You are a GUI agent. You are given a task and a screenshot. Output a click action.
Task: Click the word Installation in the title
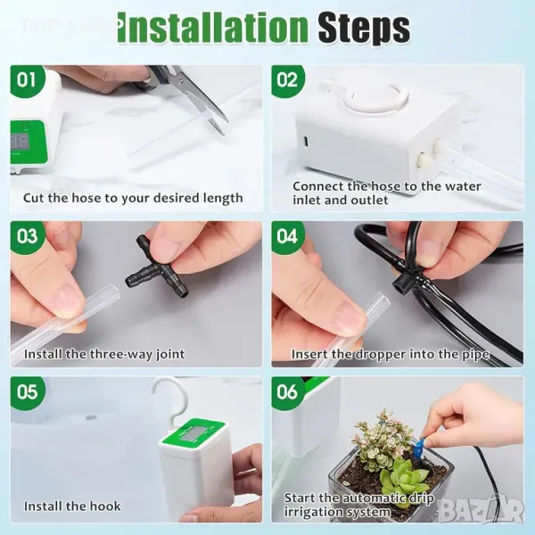coord(213,29)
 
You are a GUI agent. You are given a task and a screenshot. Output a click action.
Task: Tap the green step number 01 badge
coord(28,81)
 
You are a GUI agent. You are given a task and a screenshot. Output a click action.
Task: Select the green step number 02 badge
coord(288,81)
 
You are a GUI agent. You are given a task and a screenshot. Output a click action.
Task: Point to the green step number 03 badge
coord(28,236)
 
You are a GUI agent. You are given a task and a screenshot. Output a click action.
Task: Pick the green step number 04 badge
coord(288,236)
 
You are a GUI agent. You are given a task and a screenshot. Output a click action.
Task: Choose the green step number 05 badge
coord(28,392)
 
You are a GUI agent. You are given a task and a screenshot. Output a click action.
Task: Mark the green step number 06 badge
coord(288,392)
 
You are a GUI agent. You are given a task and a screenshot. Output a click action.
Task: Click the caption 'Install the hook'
coord(72,506)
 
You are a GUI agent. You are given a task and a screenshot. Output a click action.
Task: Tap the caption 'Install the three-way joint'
coord(104,354)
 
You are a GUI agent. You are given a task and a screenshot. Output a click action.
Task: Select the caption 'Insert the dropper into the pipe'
coord(391,355)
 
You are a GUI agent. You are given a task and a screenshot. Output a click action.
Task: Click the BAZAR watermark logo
coord(481,511)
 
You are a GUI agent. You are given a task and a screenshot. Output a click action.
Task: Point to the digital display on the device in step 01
coord(20,141)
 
